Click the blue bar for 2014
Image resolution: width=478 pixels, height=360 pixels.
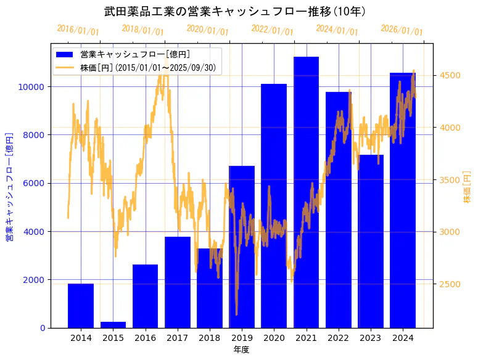pos(81,306)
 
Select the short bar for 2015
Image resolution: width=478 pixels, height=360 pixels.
pos(113,324)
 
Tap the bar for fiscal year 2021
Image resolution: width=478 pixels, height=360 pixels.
pos(306,192)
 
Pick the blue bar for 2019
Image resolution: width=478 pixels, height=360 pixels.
pos(242,247)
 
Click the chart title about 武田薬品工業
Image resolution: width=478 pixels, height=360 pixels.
pos(235,12)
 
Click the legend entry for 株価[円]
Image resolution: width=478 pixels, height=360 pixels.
pos(147,68)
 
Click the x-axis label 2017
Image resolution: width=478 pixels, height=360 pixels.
pos(177,338)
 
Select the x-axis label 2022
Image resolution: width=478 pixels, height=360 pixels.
pos(338,338)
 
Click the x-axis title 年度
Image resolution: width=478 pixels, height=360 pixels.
pos(241,350)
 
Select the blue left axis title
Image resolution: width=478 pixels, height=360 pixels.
pos(9,186)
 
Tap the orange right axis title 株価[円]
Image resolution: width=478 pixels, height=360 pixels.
pos(467,188)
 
